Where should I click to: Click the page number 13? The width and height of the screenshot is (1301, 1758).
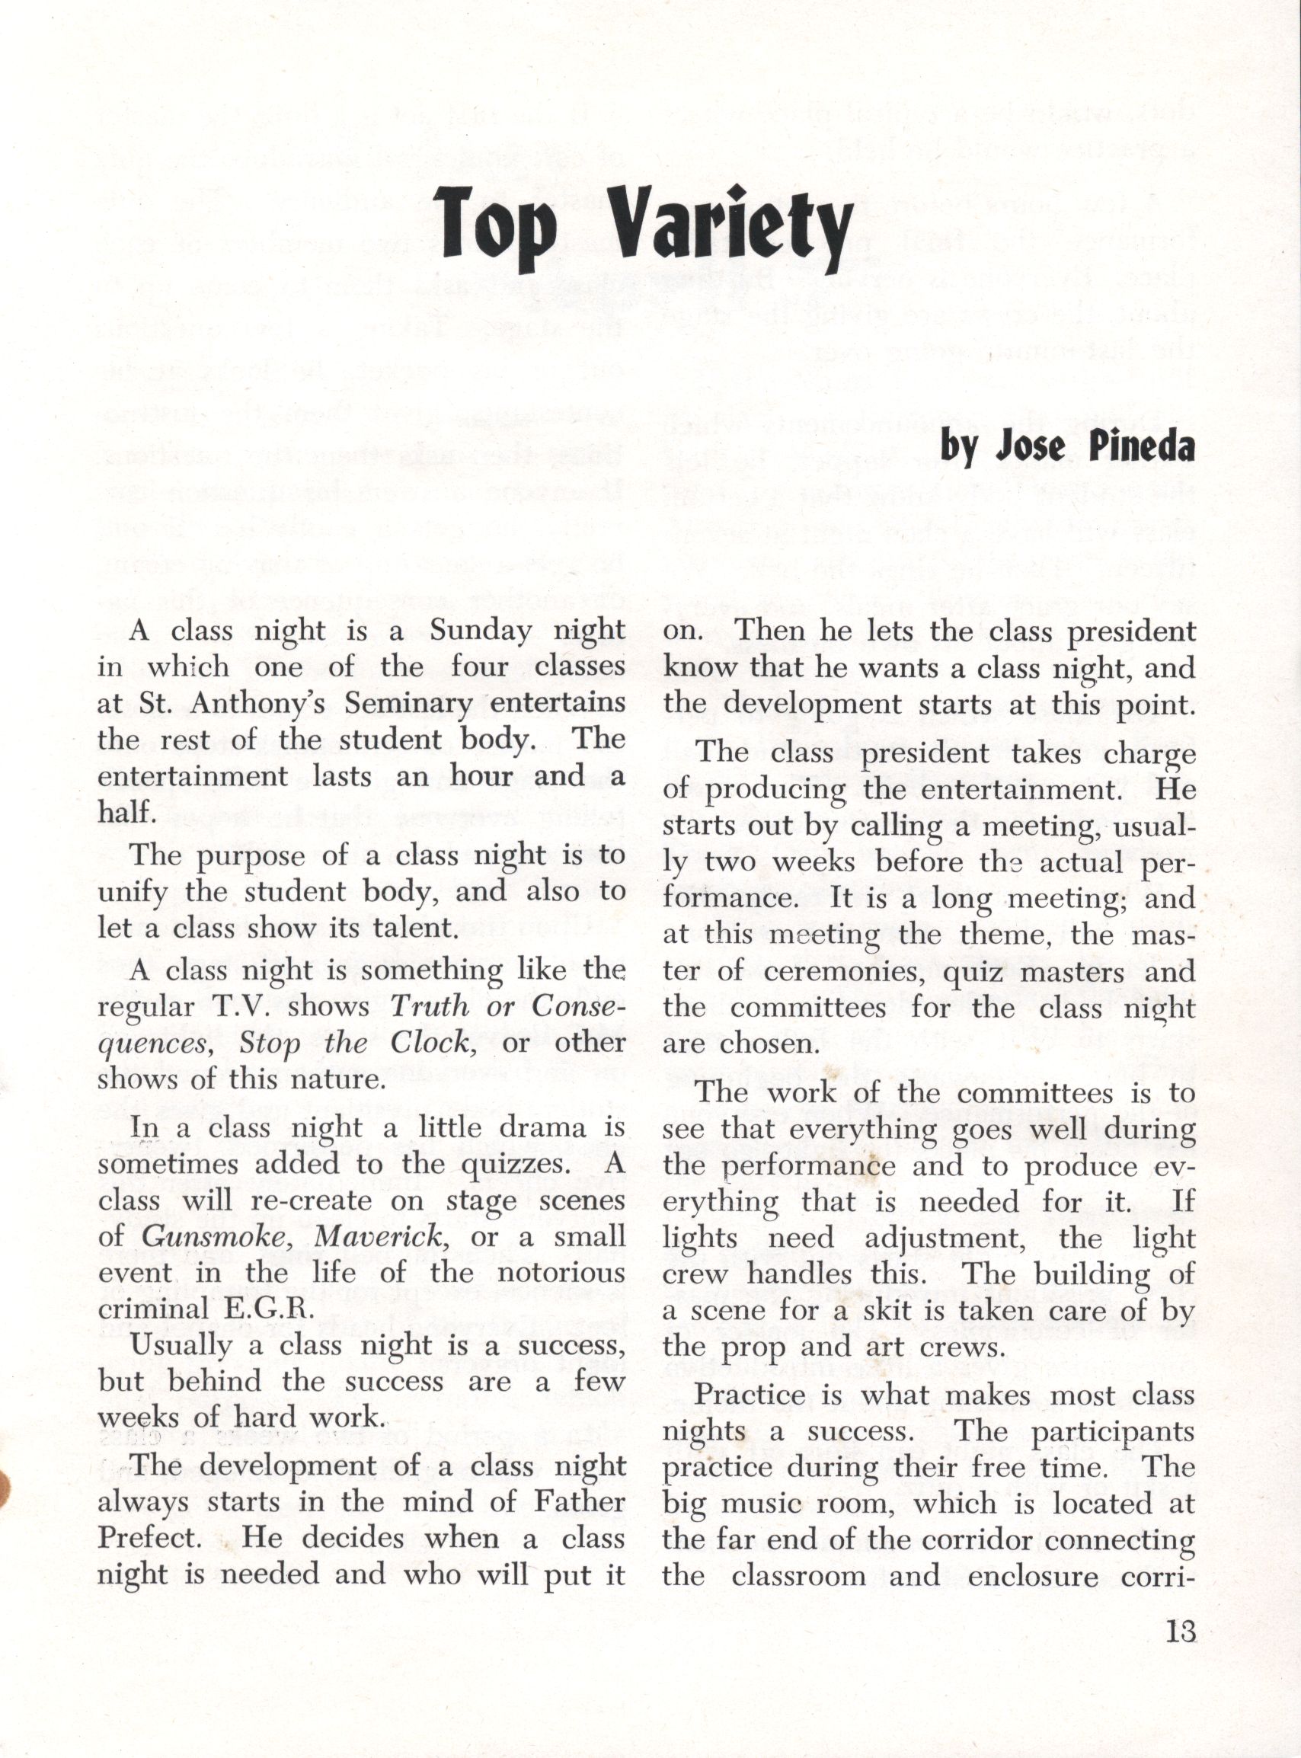point(1179,1632)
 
